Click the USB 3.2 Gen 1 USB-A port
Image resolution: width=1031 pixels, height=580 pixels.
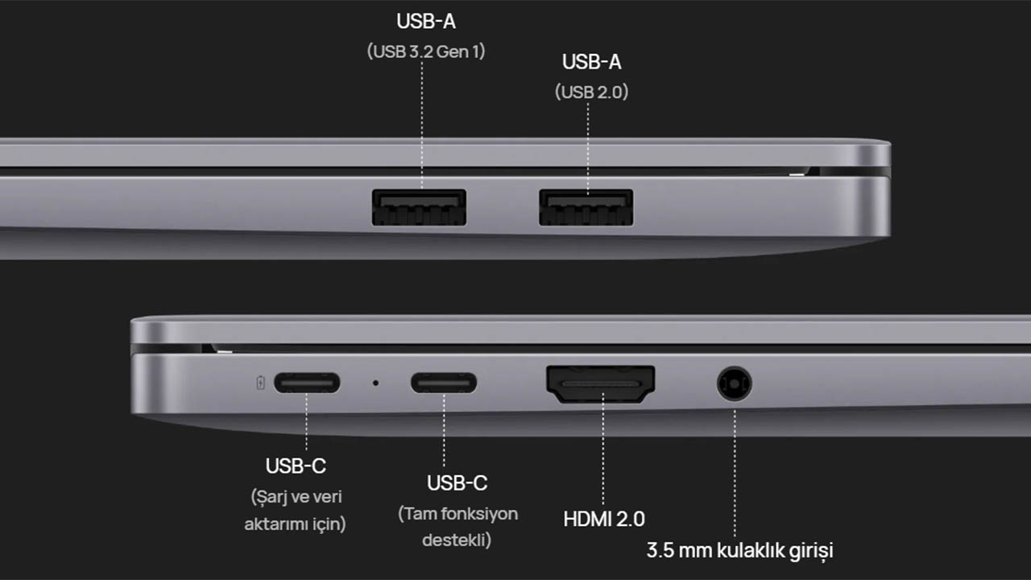419,207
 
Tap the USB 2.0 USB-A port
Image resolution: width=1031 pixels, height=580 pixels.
586,207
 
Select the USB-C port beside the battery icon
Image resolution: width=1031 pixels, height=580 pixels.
306,383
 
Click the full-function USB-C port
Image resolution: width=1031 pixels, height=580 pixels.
443,383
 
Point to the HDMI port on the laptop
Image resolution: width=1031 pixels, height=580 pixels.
601,384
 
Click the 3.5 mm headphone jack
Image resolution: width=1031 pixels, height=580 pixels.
734,383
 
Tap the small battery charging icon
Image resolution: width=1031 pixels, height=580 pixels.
260,383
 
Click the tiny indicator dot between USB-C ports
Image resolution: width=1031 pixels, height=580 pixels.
375,383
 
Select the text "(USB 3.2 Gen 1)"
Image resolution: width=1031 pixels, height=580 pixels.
426,52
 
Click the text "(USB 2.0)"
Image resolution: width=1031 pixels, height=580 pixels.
591,92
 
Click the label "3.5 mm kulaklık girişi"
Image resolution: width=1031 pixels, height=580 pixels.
739,551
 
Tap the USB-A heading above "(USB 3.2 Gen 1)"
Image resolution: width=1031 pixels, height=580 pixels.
426,22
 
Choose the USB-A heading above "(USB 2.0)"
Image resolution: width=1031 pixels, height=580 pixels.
591,62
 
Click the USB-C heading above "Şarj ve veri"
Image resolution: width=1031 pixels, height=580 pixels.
296,466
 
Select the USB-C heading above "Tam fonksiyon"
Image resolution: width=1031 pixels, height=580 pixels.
457,483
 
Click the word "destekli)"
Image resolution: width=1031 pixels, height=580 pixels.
457,540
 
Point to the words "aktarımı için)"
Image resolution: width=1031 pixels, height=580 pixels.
296,524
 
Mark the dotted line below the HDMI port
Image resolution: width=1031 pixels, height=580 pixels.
602,455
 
